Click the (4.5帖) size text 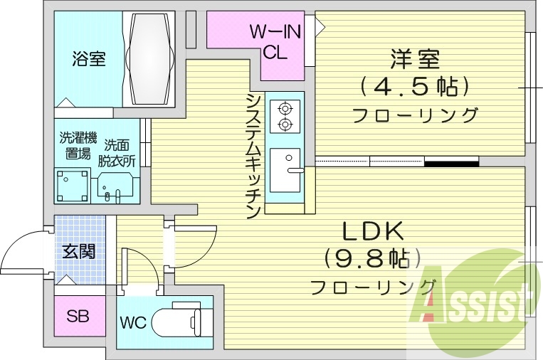[x=415, y=87]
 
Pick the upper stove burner [x=285, y=109]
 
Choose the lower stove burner [x=285, y=125]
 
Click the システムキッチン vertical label [x=253, y=155]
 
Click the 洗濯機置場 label [x=75, y=146]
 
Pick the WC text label [x=132, y=322]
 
